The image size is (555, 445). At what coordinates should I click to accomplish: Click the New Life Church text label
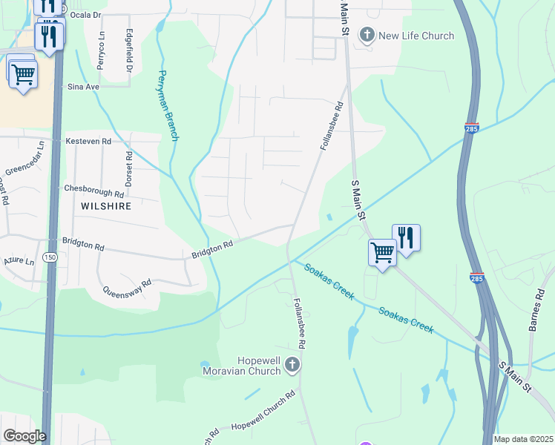point(416,36)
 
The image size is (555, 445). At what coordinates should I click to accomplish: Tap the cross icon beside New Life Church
point(367,35)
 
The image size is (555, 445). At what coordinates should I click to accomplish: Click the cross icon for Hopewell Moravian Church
point(292,364)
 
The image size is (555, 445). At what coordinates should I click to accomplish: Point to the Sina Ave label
point(83,87)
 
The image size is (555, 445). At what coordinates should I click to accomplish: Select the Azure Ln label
point(19,262)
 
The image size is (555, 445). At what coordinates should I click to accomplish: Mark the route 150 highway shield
point(50,257)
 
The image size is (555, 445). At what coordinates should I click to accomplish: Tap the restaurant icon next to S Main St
point(406,237)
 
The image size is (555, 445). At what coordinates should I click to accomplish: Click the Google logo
point(24,436)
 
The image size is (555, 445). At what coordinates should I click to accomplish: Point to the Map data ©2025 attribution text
point(522,439)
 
